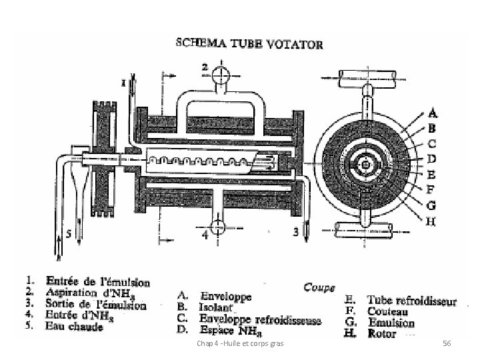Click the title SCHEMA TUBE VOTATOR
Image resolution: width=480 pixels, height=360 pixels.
(x=249, y=45)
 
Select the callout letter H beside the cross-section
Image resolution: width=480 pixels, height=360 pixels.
(x=431, y=222)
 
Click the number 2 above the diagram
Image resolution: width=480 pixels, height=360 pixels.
(x=205, y=67)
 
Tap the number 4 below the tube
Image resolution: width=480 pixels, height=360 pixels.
(x=204, y=235)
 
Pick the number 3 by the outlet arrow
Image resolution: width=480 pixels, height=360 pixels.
(x=295, y=233)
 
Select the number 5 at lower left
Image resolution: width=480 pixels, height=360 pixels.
(x=68, y=234)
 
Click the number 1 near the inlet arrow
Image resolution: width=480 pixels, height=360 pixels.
(x=123, y=82)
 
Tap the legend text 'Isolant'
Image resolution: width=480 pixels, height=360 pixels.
(x=215, y=309)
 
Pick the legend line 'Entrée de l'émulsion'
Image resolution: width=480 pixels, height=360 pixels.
(x=97, y=283)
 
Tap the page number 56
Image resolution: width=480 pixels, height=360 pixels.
(x=447, y=343)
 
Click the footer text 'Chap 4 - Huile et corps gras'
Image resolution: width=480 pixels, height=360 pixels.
(x=241, y=343)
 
